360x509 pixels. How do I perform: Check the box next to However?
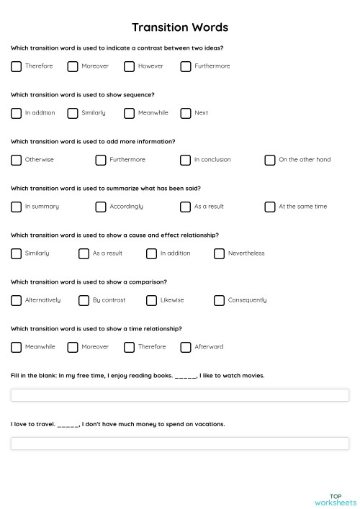tap(129, 66)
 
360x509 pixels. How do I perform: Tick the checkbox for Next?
tap(186, 113)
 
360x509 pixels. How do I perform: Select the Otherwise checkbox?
tap(16, 160)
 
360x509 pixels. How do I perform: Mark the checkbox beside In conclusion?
tap(186, 160)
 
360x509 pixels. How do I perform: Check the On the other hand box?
tap(270, 160)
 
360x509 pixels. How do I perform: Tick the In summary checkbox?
tap(16, 207)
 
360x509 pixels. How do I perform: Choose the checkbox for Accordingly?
tap(101, 207)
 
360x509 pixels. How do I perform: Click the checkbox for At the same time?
tap(270, 207)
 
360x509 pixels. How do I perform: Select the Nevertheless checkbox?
tap(219, 253)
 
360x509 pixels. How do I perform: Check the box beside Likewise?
tap(151, 300)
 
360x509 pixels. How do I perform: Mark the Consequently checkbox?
tap(219, 300)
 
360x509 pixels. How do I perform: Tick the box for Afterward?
tap(186, 347)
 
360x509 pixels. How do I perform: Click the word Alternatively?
tap(42, 300)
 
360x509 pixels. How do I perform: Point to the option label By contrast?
tap(109, 300)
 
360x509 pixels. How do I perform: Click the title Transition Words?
tap(180, 27)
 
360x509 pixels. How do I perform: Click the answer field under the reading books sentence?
tap(180, 395)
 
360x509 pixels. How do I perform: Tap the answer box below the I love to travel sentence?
tap(180, 443)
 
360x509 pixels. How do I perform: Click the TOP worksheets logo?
tap(335, 499)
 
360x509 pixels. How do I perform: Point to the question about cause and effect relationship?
tap(115, 235)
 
